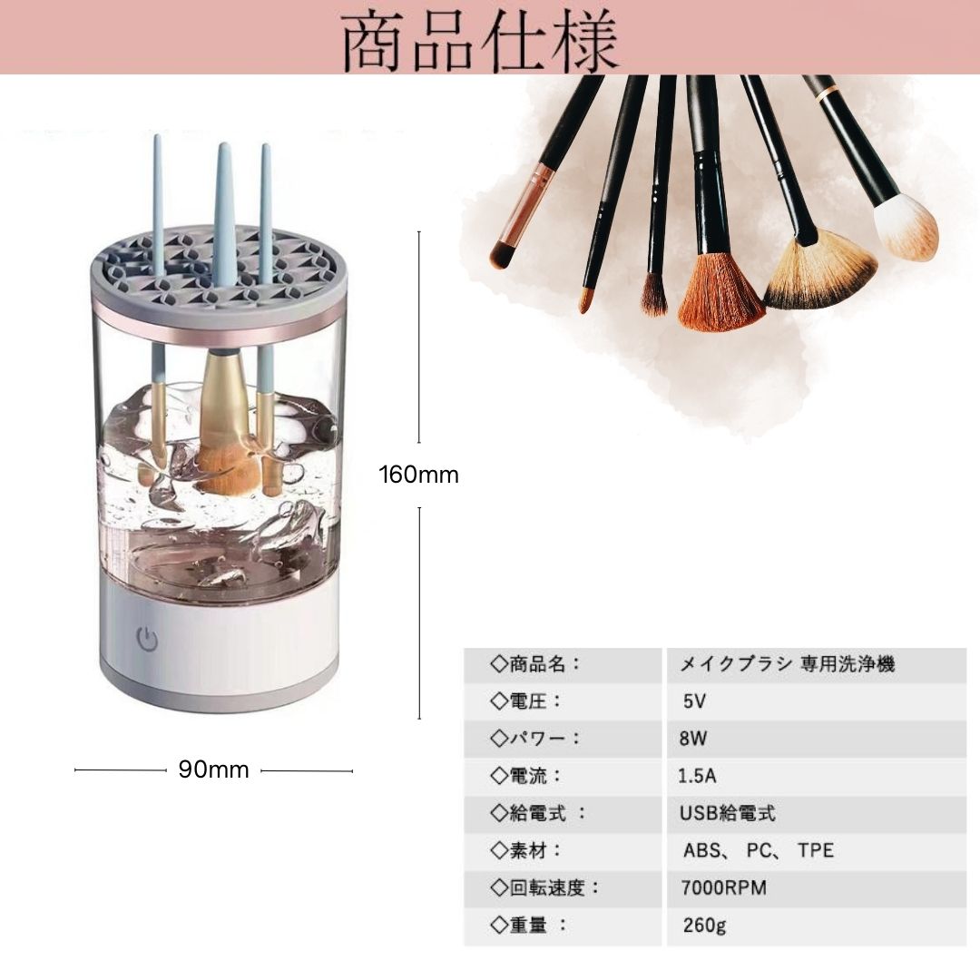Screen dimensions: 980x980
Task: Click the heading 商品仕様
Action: [480, 42]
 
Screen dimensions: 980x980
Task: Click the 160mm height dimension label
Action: [418, 475]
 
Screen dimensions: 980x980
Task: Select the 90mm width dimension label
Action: [213, 770]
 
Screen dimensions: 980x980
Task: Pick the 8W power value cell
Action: [693, 738]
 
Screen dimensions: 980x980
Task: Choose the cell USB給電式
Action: [728, 813]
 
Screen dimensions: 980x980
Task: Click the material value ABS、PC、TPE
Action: [759, 850]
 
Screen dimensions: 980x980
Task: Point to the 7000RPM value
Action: [723, 887]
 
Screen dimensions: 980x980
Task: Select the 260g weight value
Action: [704, 926]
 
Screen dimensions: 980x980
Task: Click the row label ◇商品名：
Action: [535, 664]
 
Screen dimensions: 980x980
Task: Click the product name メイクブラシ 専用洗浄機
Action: [788, 664]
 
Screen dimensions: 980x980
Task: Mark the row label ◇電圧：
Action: [526, 701]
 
